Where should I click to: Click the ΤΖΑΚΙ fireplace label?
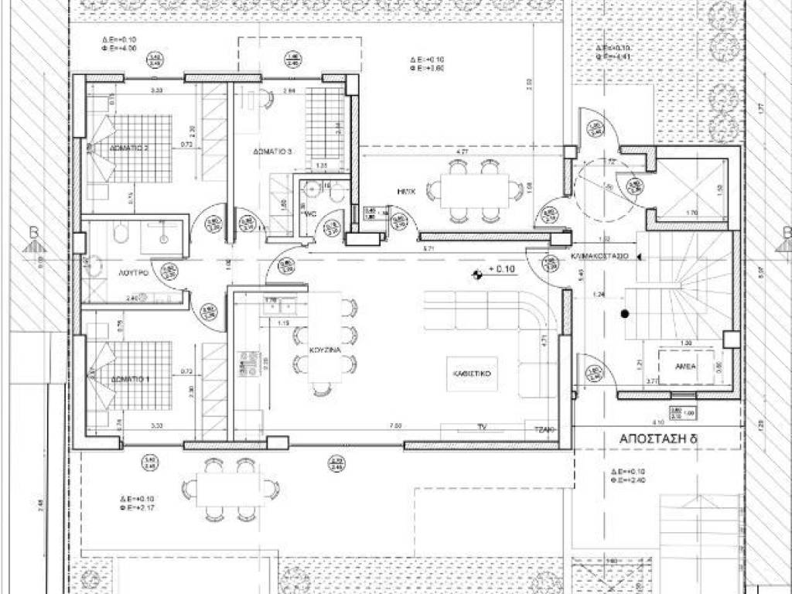pos(541,427)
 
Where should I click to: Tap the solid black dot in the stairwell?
pos(623,314)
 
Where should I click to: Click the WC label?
pos(311,213)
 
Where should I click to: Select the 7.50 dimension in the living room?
pos(395,425)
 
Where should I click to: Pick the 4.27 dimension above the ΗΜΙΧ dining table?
pos(462,152)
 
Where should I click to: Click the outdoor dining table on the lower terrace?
pos(230,490)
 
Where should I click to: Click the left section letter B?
pos(33,231)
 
